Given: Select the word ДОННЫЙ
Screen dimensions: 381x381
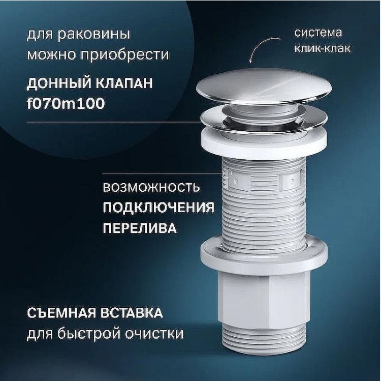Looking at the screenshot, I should tap(54, 83).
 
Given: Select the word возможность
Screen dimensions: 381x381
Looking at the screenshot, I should tap(151, 188).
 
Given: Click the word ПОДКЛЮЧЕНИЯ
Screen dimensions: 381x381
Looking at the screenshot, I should tap(158, 208).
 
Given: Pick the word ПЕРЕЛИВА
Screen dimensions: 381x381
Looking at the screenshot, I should tap(140, 228).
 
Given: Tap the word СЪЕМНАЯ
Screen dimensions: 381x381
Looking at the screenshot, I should tap(59, 312).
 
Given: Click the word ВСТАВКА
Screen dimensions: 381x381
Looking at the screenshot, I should tap(135, 312).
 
